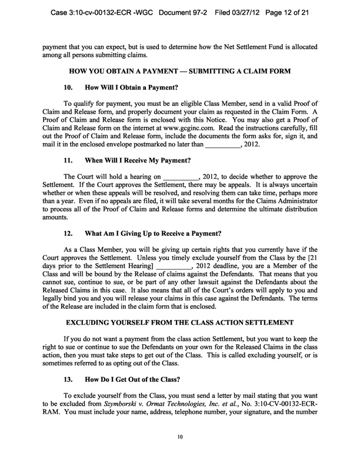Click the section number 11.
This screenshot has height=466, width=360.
pos(68,159)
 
